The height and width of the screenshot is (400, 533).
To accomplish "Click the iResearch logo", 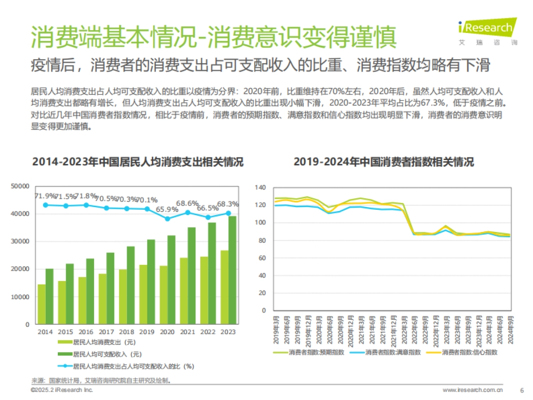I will (487, 28).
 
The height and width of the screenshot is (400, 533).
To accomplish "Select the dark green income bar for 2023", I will (232, 270).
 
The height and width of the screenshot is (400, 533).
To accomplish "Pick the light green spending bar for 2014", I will (41, 304).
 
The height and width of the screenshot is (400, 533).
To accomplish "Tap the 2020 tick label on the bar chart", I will (167, 332).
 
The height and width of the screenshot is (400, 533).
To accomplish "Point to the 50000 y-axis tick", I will (20, 186).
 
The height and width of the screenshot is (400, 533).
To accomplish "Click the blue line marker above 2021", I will (188, 212).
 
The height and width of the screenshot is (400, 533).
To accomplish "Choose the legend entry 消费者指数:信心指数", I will (469, 352).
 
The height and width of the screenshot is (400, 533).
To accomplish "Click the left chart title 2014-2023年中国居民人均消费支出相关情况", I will (138, 162).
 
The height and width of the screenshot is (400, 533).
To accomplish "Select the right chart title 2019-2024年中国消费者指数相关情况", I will (383, 162).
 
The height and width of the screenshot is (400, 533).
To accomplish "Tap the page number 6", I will (521, 390).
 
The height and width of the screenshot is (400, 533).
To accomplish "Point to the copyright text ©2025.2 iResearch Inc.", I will (62, 390).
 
